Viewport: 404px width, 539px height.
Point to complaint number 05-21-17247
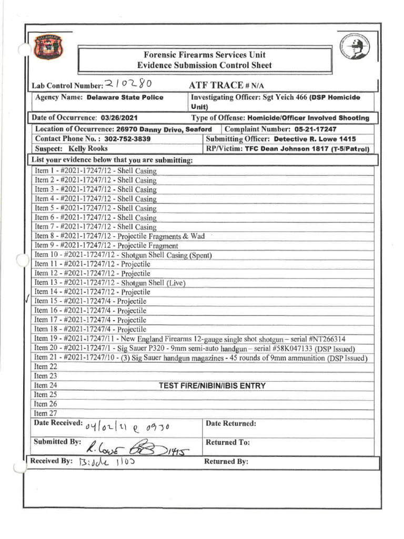[x=316, y=129]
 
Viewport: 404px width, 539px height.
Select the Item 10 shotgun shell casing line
[x=123, y=255]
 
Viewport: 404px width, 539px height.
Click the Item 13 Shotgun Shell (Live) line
[x=110, y=283]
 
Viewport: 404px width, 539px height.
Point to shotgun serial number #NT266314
[x=319, y=339]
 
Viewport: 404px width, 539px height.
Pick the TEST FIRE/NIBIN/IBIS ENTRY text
[x=212, y=386]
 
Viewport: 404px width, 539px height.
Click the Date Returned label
[x=230, y=423]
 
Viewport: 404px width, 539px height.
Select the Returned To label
[x=227, y=442]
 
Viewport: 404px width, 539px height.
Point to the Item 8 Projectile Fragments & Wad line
[x=119, y=236]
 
